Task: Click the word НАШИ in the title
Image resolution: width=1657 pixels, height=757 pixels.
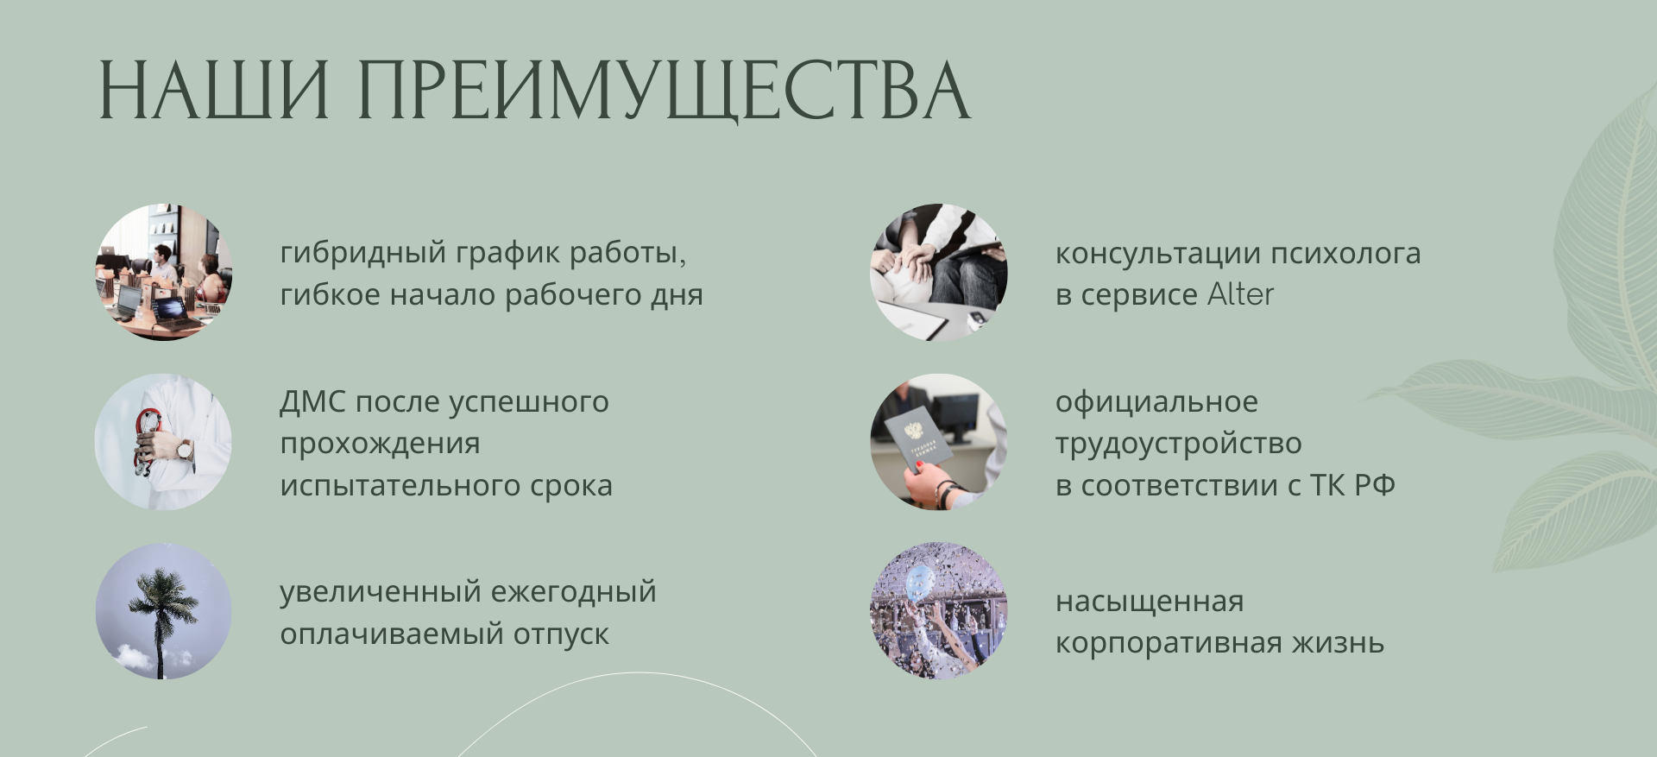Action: coord(214,91)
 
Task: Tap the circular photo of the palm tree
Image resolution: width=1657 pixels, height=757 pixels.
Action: coord(163,611)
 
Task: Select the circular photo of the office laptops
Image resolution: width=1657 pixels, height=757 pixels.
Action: coord(163,272)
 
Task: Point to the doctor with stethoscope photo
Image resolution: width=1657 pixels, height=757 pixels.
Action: coord(163,442)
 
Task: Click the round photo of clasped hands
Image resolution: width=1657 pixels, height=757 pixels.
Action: coord(939,272)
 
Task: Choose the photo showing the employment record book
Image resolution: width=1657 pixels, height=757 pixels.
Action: coord(939,442)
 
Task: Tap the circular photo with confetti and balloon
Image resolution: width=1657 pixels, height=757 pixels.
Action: coord(939,611)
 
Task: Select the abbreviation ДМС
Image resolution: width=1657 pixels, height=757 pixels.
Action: coord(312,402)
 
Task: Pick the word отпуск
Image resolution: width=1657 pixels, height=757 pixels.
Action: coord(561,634)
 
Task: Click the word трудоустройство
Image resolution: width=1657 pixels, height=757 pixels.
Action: coord(1178,444)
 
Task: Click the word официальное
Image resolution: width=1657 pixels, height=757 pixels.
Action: coord(1156,402)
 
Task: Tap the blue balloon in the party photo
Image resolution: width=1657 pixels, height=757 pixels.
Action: coord(920,580)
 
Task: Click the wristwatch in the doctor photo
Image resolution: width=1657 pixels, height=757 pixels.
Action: coord(186,449)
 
